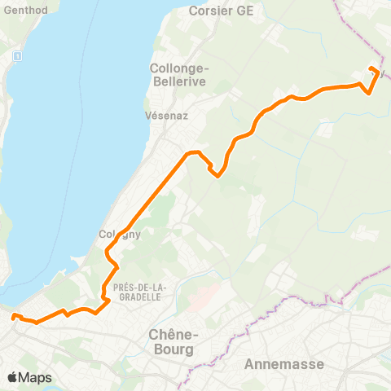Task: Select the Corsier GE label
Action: pos(221,11)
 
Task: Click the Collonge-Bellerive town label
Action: pos(178,75)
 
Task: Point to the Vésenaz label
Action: pos(167,116)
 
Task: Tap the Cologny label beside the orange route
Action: pos(120,235)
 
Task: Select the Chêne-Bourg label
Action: pos(171,341)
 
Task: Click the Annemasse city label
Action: pos(284,364)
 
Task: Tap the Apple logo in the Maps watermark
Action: pos(12,377)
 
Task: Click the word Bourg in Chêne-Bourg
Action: pos(171,349)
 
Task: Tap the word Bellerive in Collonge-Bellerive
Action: pos(178,82)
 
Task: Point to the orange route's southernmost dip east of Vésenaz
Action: pos(217,174)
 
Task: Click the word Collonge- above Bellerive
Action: pos(178,68)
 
